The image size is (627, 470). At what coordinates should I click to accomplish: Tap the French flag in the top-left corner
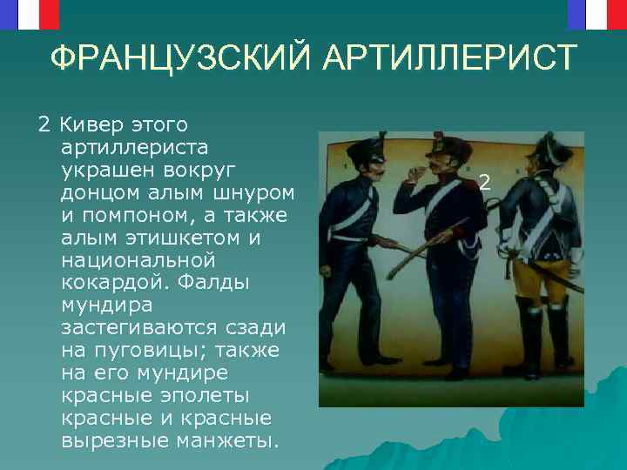tap(29, 12)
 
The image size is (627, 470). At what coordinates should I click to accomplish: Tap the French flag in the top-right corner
tap(597, 12)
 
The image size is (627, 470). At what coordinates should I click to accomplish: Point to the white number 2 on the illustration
tap(485, 183)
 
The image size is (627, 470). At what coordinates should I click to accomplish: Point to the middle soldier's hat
tap(442, 143)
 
